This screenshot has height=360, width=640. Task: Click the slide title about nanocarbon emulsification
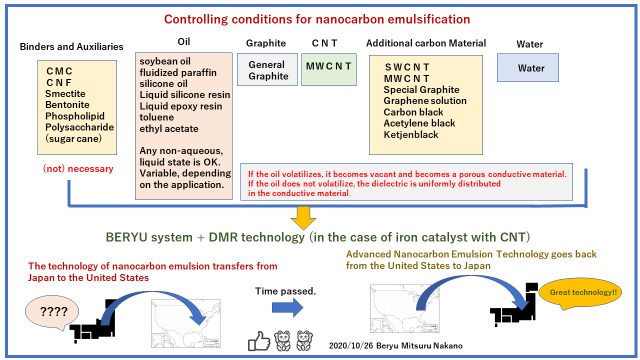click(317, 19)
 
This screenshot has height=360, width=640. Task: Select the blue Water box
click(527, 68)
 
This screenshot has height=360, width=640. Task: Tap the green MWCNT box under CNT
click(328, 66)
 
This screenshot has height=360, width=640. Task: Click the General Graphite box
click(267, 70)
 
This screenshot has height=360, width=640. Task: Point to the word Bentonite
click(67, 105)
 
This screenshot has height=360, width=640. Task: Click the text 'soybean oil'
click(165, 61)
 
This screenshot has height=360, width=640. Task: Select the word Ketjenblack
click(410, 134)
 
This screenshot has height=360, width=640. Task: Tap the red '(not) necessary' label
click(78, 169)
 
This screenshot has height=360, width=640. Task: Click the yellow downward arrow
click(303, 218)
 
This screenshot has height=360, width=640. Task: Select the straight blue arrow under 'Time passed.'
click(287, 308)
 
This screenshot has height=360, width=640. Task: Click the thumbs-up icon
click(258, 341)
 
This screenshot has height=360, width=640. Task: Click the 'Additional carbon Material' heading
click(425, 43)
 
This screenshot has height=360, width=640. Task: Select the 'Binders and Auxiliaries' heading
click(71, 46)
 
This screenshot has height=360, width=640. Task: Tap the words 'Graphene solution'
click(425, 101)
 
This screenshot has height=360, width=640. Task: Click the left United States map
click(185, 322)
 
